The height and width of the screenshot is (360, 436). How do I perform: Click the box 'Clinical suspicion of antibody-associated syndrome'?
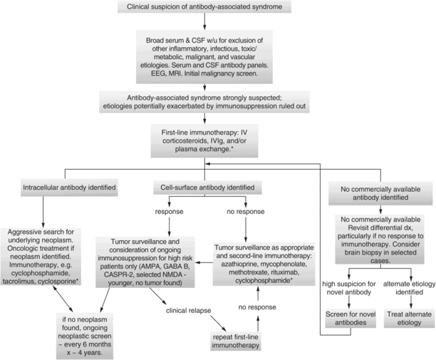[217, 9]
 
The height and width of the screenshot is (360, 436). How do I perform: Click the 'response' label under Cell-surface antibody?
[168, 212]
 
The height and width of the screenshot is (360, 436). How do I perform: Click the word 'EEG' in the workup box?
[171, 71]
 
